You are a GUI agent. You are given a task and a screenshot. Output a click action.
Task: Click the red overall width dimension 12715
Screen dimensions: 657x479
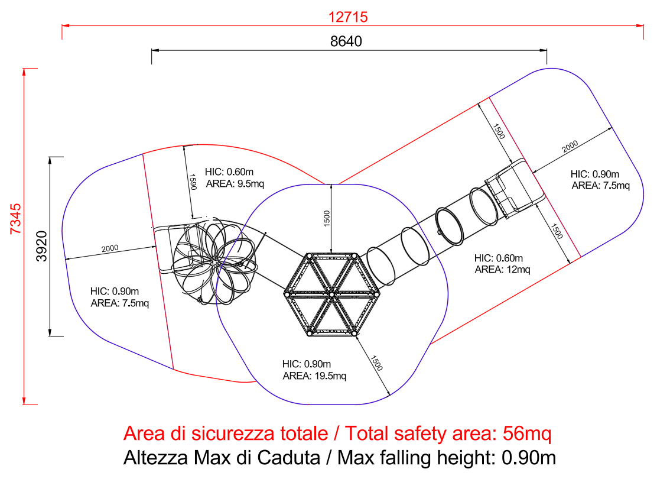coord(348,17)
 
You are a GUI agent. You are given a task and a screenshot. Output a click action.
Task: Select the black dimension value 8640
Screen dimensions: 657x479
coord(346,41)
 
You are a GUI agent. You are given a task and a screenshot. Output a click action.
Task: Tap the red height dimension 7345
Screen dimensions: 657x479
coord(15,219)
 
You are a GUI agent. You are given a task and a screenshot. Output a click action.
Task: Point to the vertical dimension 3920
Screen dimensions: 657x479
coord(41,246)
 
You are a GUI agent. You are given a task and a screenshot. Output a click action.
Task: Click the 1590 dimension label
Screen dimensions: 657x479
coord(193,182)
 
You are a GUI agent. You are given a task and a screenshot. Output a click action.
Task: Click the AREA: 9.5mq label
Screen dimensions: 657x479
coord(235,184)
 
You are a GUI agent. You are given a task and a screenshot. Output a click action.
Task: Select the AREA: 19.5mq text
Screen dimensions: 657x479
coord(314,376)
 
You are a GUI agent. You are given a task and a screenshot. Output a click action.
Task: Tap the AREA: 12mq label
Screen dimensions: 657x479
coord(502,269)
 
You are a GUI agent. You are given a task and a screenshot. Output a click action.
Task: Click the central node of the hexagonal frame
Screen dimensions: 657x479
coord(331,295)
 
